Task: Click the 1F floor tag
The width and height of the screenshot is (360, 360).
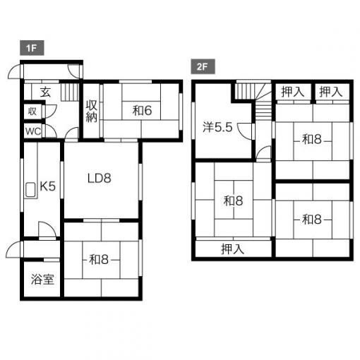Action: click(x=32, y=48)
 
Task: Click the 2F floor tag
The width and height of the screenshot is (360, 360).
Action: click(x=203, y=66)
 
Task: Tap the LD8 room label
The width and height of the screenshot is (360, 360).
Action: click(x=100, y=179)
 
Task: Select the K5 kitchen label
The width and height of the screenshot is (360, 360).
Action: click(x=48, y=186)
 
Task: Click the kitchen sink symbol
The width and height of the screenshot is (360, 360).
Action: click(x=30, y=190)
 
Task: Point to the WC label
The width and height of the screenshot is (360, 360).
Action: click(x=33, y=131)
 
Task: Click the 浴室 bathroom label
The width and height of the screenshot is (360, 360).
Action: click(x=42, y=280)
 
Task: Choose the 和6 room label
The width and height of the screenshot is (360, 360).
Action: click(x=142, y=111)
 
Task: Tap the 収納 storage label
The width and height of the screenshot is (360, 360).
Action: click(x=91, y=111)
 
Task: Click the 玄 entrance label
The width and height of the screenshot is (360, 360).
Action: click(x=45, y=92)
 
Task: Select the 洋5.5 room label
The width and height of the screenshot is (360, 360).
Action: click(x=217, y=127)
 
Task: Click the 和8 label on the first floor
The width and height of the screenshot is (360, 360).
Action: click(x=99, y=260)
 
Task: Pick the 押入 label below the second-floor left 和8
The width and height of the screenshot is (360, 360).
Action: click(x=233, y=249)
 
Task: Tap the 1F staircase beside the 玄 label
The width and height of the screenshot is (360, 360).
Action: click(x=70, y=92)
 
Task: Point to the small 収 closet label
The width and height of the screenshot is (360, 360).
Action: click(x=32, y=111)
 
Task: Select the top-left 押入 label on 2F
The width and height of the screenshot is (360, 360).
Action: click(x=293, y=92)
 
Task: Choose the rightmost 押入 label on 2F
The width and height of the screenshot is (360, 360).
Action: click(x=330, y=92)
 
